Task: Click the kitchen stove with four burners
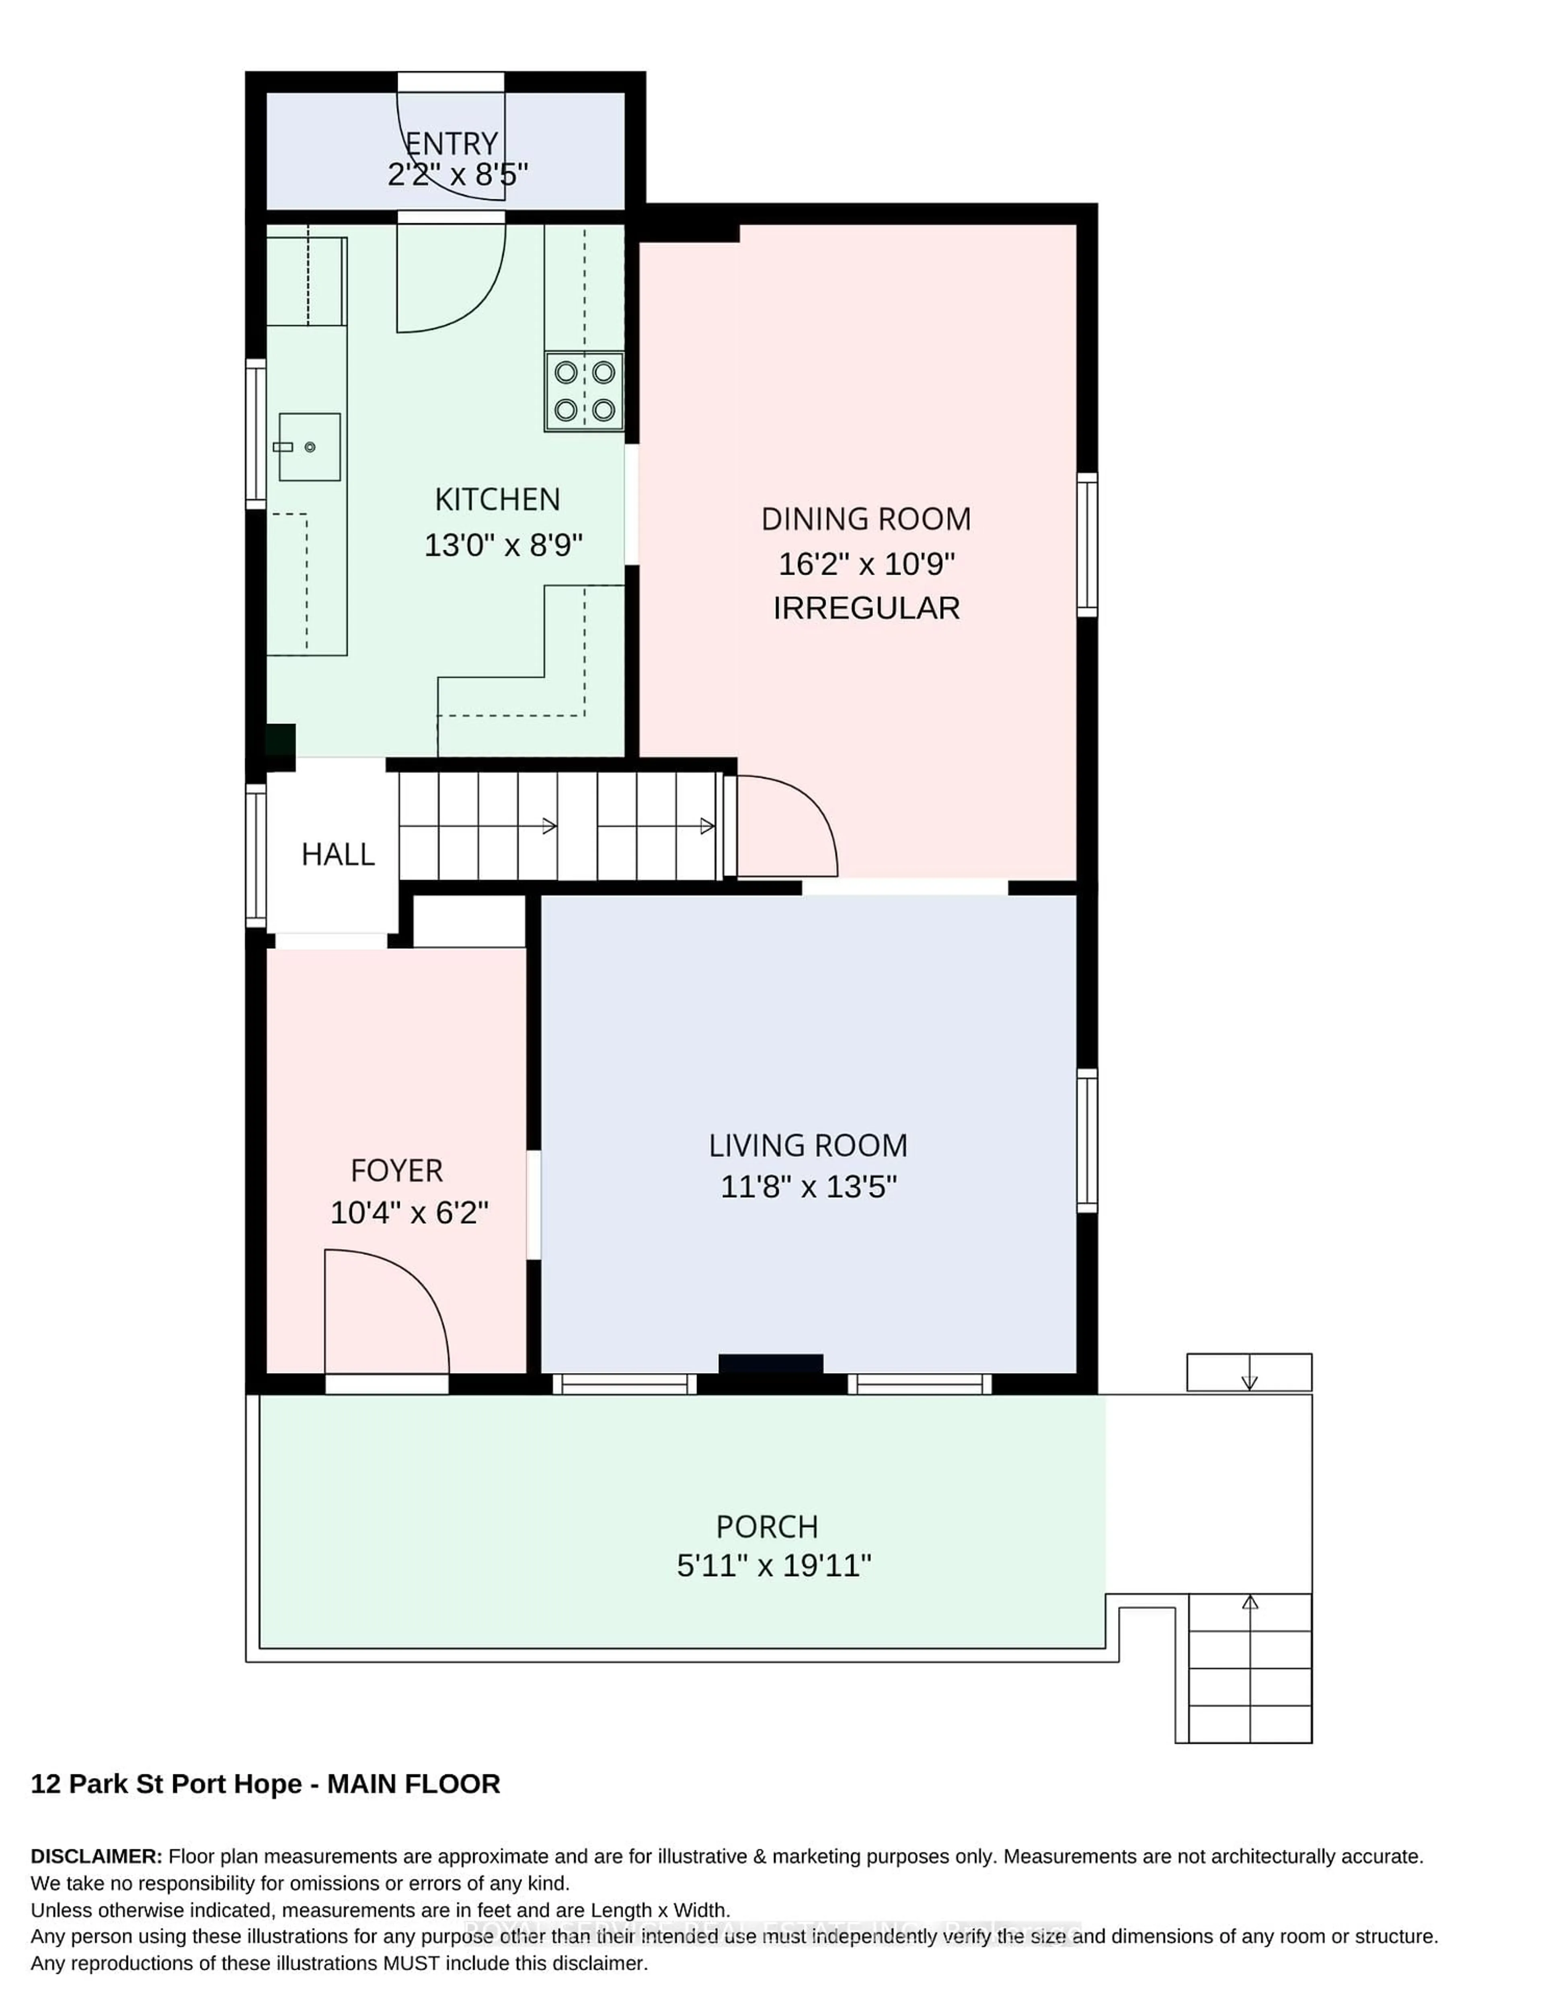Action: tap(584, 392)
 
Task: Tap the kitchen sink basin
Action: tap(309, 447)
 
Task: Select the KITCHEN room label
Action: tap(497, 500)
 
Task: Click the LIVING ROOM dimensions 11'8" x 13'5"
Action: tap(808, 1187)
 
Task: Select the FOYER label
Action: tap(396, 1171)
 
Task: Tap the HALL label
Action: tap(338, 855)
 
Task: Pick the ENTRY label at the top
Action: tap(451, 144)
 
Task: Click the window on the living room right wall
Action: tap(1086, 1141)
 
